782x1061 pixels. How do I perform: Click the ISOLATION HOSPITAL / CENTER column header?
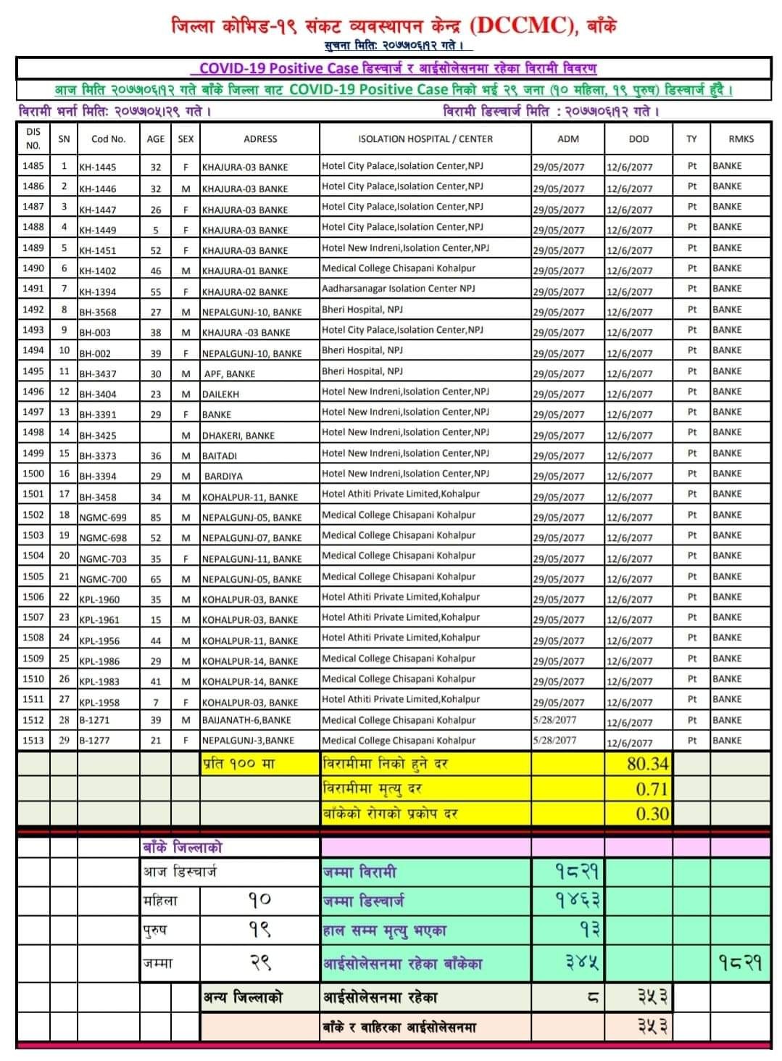425,139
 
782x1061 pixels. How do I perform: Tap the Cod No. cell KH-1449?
98,230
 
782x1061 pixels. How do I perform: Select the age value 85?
156,517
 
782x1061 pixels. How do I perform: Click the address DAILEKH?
220,395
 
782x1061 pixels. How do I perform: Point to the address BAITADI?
220,456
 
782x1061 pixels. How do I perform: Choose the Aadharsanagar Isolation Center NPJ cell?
399,289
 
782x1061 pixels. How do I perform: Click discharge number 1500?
33,474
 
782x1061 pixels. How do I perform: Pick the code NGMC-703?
103,558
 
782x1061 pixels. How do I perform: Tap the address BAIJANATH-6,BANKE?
246,720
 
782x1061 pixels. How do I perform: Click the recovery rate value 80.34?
648,764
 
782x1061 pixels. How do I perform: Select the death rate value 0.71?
652,789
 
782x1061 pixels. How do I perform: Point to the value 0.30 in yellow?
652,814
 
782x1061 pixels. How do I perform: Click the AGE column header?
156,139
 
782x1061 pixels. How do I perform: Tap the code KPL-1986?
99,661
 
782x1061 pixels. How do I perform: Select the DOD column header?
639,139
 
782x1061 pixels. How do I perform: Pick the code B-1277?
94,740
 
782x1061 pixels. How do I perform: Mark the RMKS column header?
741,139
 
